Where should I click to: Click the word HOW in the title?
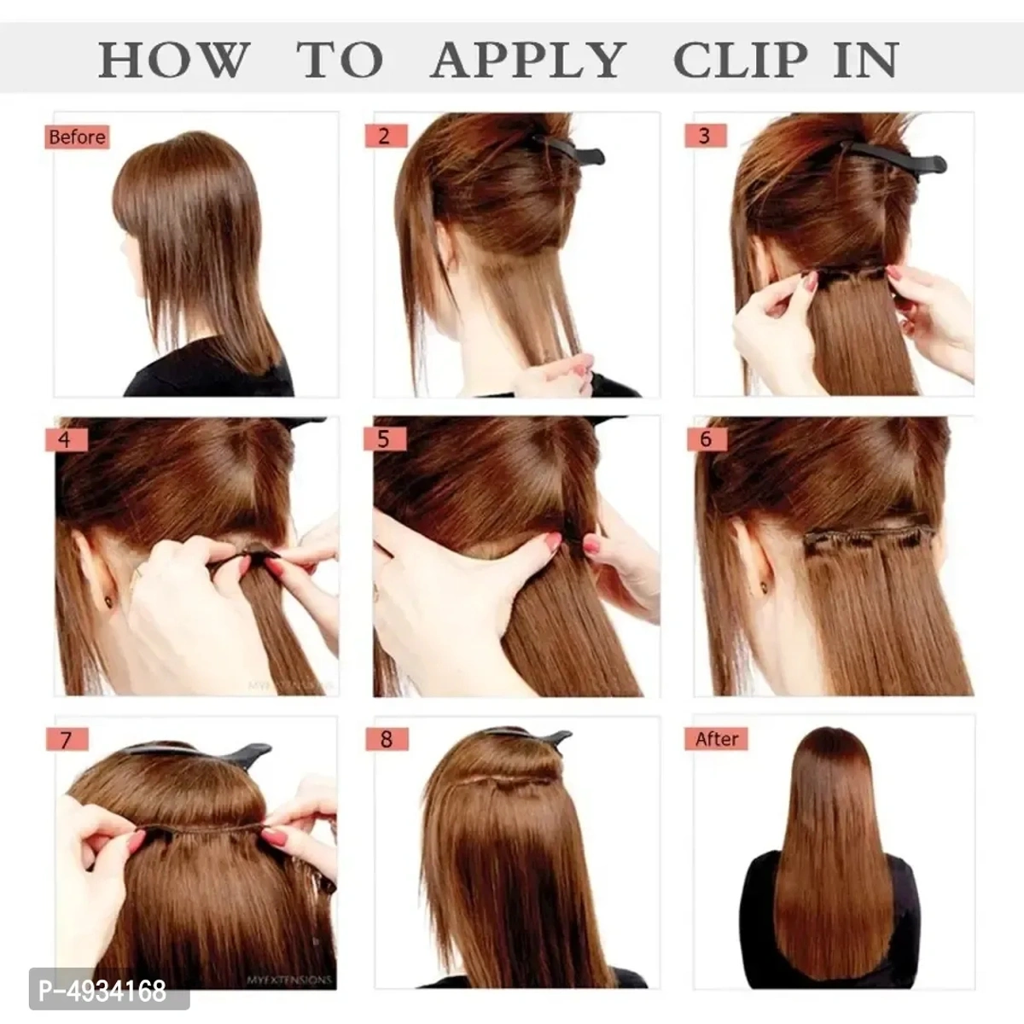tap(174, 60)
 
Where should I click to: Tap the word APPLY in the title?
tap(527, 60)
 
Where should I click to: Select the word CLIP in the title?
tap(740, 60)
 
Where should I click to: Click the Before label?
tap(77, 137)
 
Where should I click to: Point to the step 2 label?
tap(385, 136)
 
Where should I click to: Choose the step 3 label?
tap(705, 135)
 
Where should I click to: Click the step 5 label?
tap(385, 439)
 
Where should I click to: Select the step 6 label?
tap(707, 439)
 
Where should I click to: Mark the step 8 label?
tap(386, 739)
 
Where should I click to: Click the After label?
tap(717, 739)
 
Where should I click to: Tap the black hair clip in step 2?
tap(569, 150)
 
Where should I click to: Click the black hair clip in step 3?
tap(896, 155)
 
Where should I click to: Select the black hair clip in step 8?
tap(529, 736)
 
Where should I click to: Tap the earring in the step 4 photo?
tap(109, 602)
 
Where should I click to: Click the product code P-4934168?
tap(94, 992)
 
